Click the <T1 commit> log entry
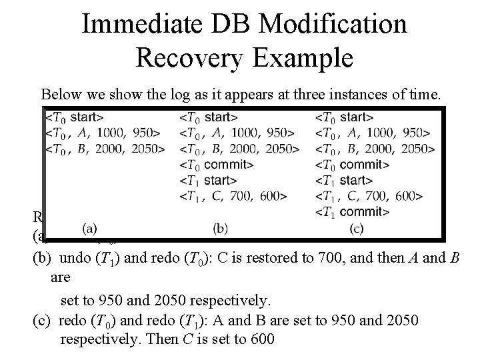[353, 212]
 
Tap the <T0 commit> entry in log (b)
[217, 164]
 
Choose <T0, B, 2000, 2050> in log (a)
[105, 148]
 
